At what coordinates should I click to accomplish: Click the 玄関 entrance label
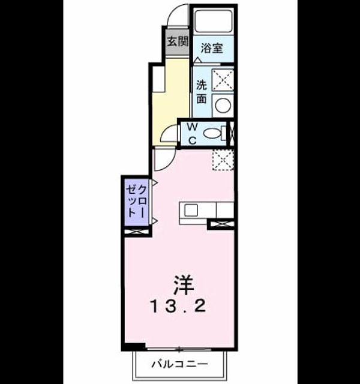point(178,41)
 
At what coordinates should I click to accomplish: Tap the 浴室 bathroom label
point(212,48)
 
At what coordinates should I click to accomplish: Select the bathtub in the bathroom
point(214,21)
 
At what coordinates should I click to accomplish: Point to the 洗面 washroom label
point(202,92)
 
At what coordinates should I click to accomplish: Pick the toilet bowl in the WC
point(212,133)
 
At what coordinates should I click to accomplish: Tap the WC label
point(193,134)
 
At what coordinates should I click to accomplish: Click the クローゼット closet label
point(136,201)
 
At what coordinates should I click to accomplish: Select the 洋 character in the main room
point(184,286)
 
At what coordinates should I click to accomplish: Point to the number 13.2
point(178,307)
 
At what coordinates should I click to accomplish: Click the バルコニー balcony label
point(179,364)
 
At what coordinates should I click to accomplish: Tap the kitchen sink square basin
point(191,211)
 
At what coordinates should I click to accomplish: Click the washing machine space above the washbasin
point(223,80)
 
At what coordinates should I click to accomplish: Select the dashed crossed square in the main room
point(223,160)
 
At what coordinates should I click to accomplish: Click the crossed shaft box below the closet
point(137,232)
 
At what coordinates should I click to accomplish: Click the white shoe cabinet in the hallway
point(158,80)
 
